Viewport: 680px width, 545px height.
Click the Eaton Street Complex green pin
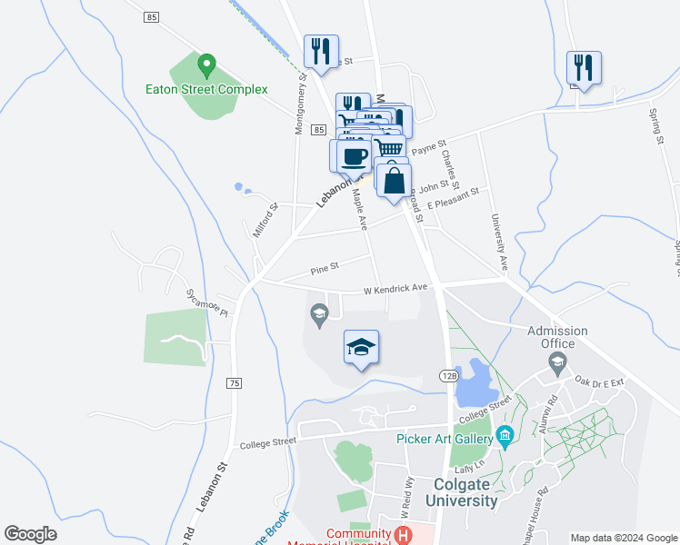206,66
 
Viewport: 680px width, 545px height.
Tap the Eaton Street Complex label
207,89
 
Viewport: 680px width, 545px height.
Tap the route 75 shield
235,384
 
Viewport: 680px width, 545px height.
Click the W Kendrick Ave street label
395,289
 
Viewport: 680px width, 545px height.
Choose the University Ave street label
498,243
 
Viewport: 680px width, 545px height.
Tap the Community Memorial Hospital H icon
402,535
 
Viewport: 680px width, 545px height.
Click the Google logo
30,534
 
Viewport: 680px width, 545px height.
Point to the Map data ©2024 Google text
624,538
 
